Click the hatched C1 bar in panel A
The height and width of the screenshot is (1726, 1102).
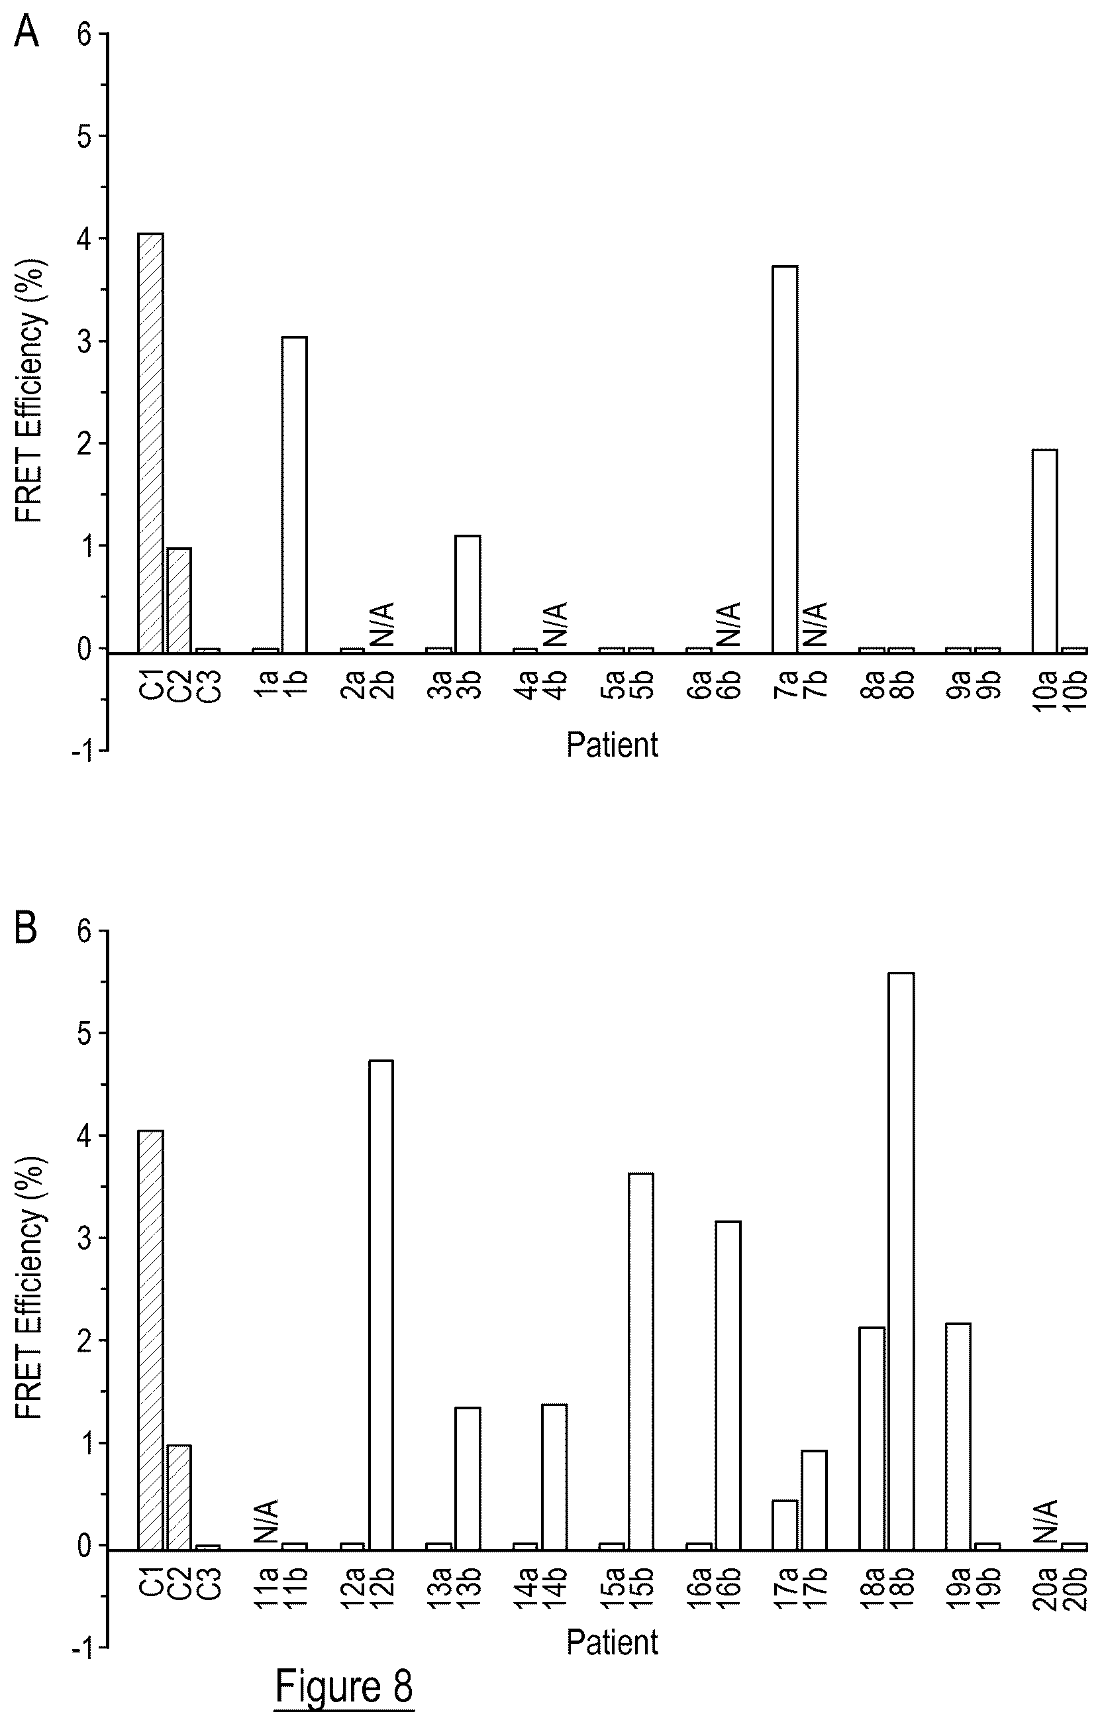click(150, 443)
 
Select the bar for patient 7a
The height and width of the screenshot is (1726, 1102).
click(785, 459)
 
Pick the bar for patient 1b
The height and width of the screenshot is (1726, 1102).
click(295, 494)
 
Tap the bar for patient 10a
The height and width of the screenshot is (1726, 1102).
click(1044, 551)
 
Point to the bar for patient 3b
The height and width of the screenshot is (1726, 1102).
click(468, 594)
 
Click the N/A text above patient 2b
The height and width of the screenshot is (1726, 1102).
click(383, 624)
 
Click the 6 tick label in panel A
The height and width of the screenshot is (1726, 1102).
click(86, 34)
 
